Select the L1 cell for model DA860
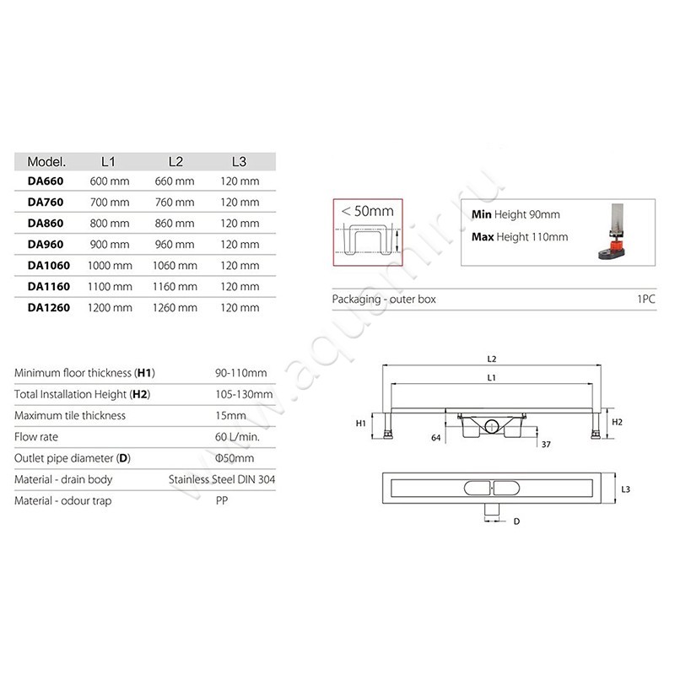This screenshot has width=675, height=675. click(x=109, y=224)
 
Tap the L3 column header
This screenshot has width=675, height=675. click(x=239, y=160)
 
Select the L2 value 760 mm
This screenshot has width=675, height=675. click(x=175, y=202)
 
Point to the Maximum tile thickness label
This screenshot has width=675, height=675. click(x=70, y=415)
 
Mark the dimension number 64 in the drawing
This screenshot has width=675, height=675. click(x=436, y=437)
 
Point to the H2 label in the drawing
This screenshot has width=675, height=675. click(x=617, y=421)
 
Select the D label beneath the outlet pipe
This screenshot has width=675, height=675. click(x=516, y=521)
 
